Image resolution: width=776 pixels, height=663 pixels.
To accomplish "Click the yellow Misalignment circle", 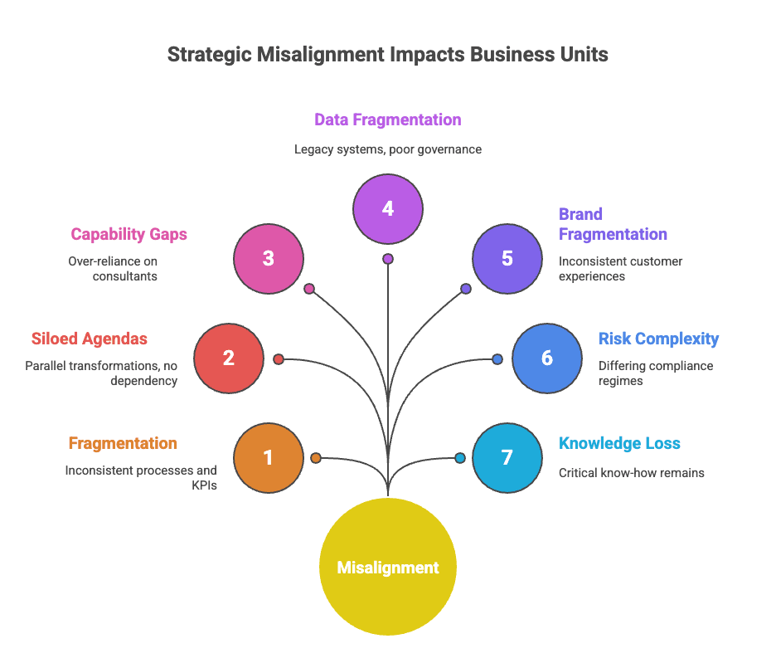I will coord(388,567).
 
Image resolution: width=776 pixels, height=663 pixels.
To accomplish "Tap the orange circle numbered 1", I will coord(269,457).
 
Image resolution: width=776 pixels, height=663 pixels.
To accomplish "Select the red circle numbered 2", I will coord(229,358).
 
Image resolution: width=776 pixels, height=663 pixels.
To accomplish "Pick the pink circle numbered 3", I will coord(269,258).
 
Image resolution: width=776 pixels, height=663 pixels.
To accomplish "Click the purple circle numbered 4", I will coord(388,208).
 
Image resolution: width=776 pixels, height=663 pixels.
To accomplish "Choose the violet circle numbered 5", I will coord(507,258).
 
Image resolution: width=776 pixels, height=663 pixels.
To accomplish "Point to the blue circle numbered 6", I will coord(547,358).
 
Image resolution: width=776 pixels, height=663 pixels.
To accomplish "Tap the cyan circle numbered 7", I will coord(507,457).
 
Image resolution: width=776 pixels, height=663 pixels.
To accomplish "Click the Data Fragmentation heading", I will coord(387,119).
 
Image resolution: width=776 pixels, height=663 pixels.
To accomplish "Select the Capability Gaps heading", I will coord(129,234).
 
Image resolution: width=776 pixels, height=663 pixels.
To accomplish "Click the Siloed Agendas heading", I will coord(90,339).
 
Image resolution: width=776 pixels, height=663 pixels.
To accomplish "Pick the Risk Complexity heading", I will coord(658,339).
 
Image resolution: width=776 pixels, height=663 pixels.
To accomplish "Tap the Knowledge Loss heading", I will coord(619,443).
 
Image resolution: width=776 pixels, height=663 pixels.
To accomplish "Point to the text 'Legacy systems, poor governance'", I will coord(387,149).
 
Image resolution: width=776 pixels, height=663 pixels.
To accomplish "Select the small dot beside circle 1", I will coord(316,457).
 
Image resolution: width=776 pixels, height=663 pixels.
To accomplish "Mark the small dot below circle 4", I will coord(388,259).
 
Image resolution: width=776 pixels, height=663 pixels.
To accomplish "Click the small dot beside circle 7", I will coord(460,457).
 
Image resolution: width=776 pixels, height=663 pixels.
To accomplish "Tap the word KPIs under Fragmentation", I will coord(204,485).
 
